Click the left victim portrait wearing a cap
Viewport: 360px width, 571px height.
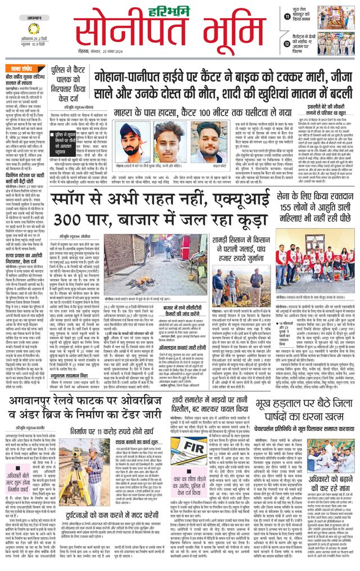coord(130,140)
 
